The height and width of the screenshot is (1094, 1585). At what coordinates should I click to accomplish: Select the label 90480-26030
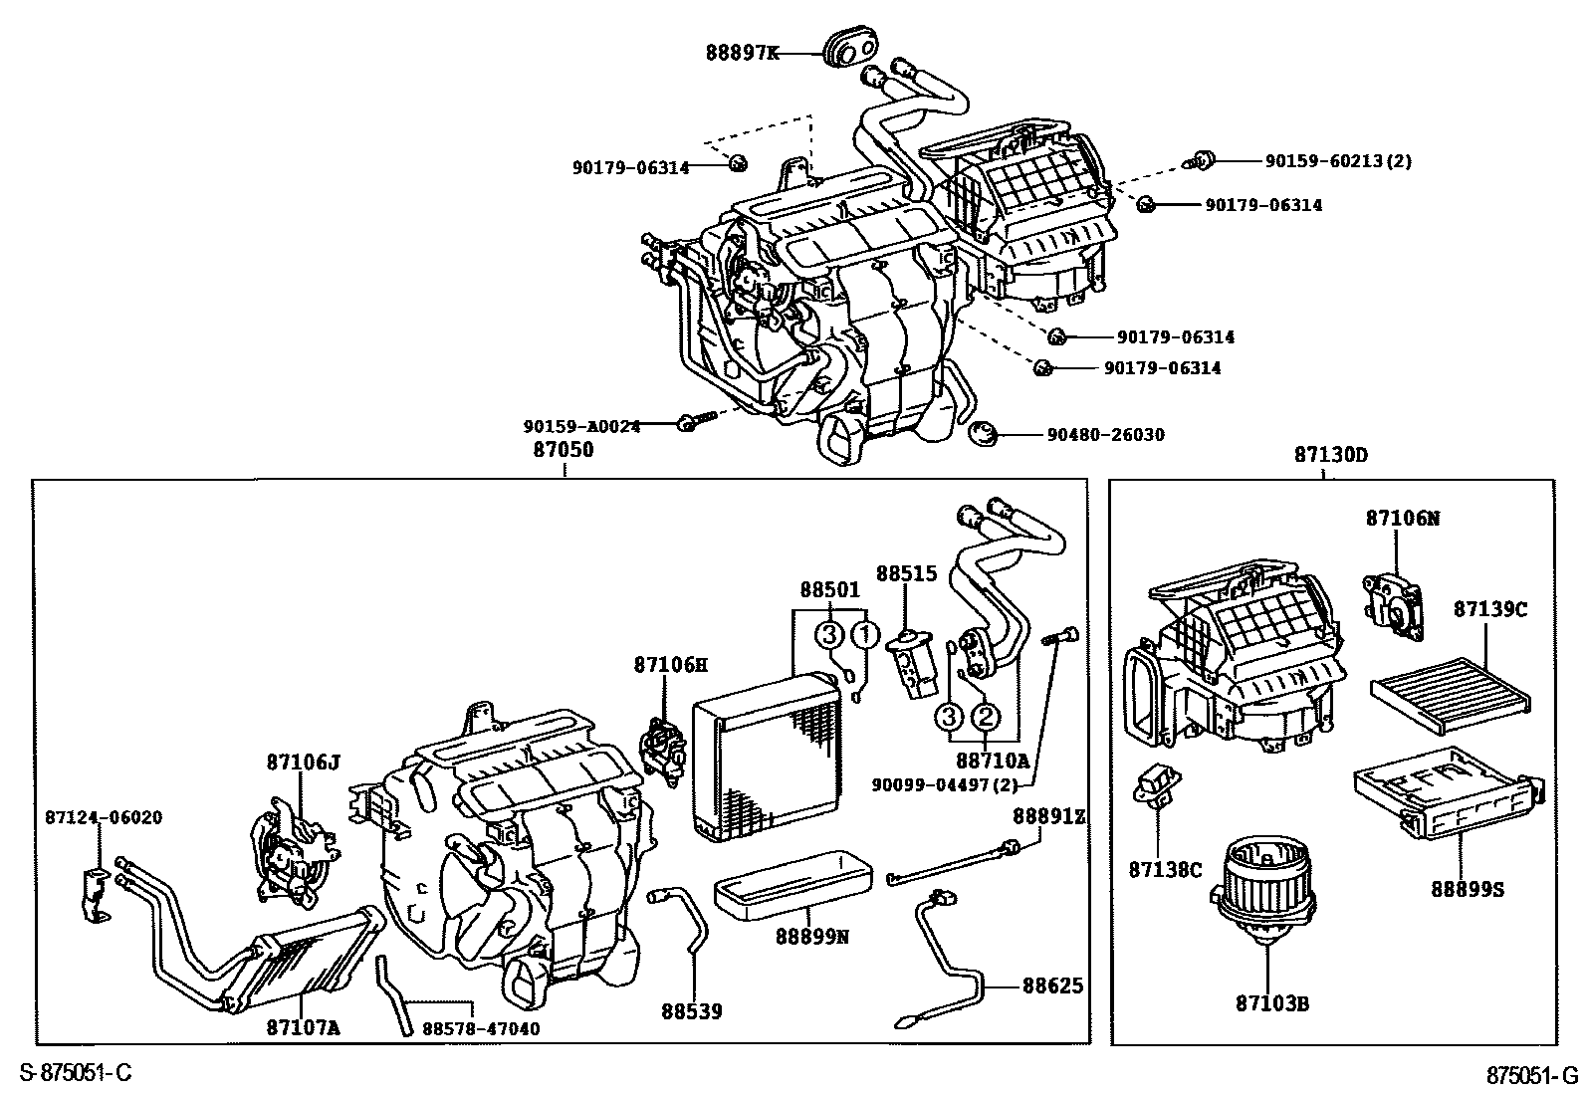(x=1105, y=435)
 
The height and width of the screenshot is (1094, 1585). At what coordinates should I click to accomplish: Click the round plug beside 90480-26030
(x=984, y=435)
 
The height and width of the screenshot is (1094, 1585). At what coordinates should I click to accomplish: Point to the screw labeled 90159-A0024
(x=692, y=422)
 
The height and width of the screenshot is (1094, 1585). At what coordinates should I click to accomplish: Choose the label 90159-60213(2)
(x=1338, y=160)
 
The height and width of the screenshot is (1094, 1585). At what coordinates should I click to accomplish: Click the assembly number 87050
(x=564, y=450)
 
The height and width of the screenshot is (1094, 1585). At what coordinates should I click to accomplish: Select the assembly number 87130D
(x=1331, y=455)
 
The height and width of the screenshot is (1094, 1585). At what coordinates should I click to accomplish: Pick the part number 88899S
(x=1468, y=889)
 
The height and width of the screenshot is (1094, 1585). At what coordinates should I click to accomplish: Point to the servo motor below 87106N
(x=1396, y=605)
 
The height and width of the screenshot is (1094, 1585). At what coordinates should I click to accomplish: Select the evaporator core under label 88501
(x=768, y=752)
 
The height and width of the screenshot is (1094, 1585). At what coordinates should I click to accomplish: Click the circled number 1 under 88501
(x=865, y=634)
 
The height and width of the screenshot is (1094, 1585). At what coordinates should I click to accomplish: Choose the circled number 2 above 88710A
(x=985, y=716)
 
